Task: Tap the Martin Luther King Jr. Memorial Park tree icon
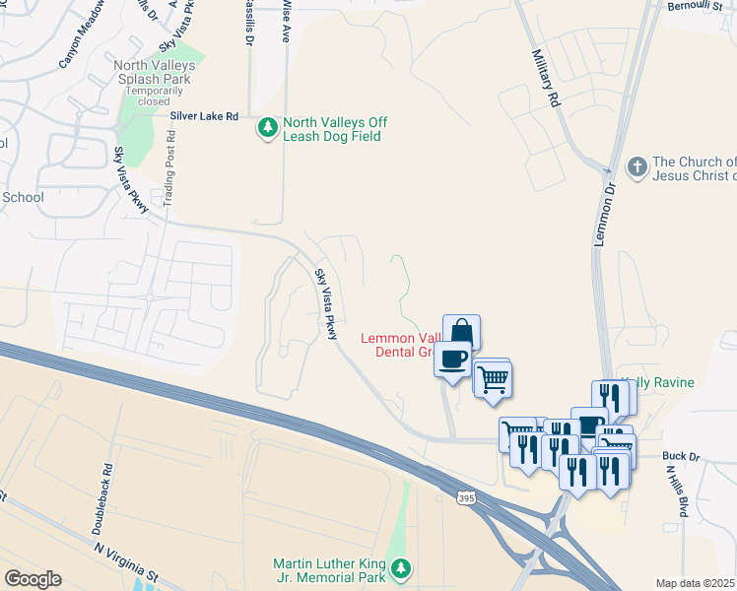[400, 568]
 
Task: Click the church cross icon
[637, 167]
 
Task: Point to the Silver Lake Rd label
[204, 116]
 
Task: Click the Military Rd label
[546, 79]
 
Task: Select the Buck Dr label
[680, 457]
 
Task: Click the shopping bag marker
[461, 333]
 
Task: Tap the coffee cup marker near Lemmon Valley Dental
[452, 360]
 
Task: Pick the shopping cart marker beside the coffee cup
[493, 377]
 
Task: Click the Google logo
[33, 579]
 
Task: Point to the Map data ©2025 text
[696, 583]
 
